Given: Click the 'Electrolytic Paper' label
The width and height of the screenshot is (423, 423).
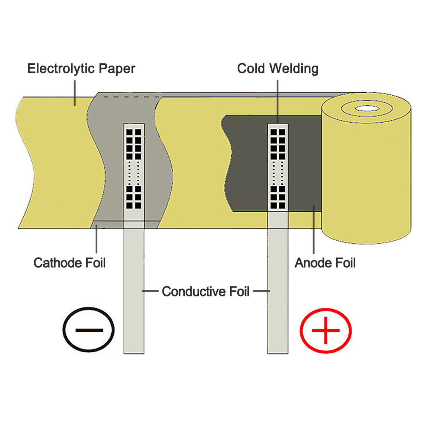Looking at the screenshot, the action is pyautogui.click(x=81, y=69).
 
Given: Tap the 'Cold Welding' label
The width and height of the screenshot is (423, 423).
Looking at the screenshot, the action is pyautogui.click(x=278, y=69).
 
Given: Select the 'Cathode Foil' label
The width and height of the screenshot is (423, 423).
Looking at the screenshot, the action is pyautogui.click(x=70, y=263).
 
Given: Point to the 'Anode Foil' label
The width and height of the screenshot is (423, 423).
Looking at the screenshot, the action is pyautogui.click(x=325, y=263).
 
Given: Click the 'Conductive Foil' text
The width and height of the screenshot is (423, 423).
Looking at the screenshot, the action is pyautogui.click(x=206, y=291).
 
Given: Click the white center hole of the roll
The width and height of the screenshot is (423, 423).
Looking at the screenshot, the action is pyautogui.click(x=367, y=108).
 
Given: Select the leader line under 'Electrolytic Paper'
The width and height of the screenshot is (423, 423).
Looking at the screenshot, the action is pyautogui.click(x=75, y=93).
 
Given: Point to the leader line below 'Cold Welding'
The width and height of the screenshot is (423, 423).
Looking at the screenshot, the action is pyautogui.click(x=277, y=102).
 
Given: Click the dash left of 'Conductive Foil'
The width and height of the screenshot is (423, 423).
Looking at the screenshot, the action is pyautogui.click(x=150, y=291).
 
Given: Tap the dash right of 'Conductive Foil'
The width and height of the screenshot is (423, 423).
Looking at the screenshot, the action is pyautogui.click(x=261, y=291).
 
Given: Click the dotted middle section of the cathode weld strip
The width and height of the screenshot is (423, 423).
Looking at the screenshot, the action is pyautogui.click(x=134, y=173).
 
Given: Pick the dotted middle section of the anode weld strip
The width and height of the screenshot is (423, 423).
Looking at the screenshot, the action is pyautogui.click(x=278, y=173).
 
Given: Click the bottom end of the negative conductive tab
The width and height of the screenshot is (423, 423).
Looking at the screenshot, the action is pyautogui.click(x=134, y=353).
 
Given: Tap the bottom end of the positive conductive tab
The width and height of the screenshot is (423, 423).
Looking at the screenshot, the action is pyautogui.click(x=278, y=353).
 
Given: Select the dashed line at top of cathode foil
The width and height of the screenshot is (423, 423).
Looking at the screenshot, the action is pyautogui.click(x=132, y=96).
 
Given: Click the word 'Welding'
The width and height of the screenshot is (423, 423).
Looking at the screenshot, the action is pyautogui.click(x=294, y=69).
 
